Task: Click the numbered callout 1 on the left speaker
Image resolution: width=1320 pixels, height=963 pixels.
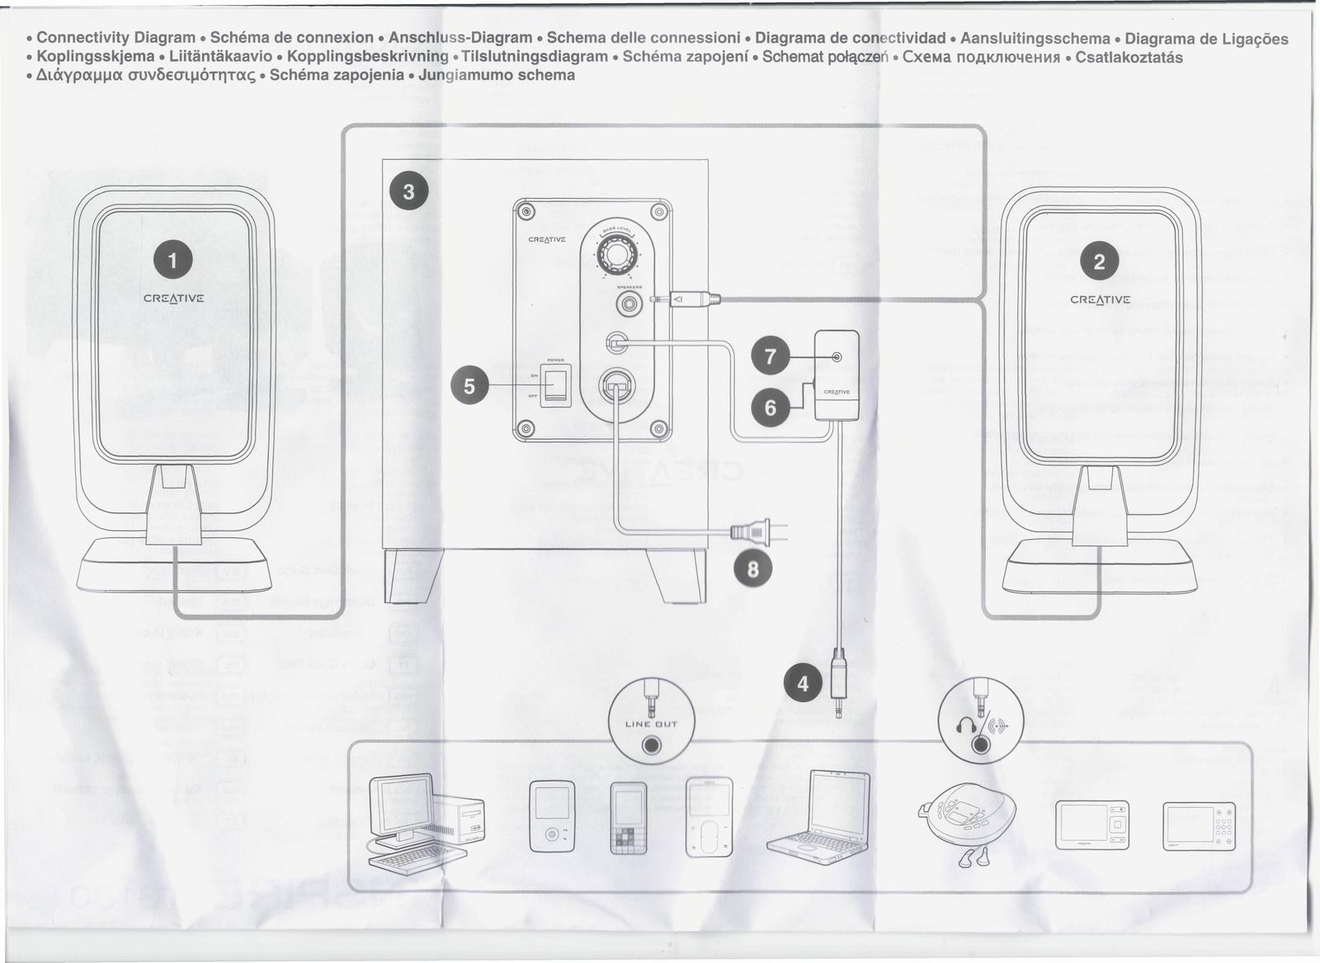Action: [x=172, y=262]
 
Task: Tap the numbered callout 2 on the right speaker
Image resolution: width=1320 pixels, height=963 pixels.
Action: [x=1099, y=262]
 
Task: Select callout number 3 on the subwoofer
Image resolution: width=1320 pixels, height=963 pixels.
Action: [x=408, y=192]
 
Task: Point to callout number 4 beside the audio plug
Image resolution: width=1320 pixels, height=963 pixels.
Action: [x=803, y=683]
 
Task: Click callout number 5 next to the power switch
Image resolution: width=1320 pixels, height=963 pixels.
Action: [x=469, y=386]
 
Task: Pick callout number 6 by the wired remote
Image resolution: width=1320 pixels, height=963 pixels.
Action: [x=771, y=408]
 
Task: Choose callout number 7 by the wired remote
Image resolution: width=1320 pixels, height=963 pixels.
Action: [x=771, y=356]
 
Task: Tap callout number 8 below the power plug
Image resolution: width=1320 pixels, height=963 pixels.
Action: [x=753, y=568]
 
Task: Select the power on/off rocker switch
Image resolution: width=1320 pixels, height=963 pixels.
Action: [x=556, y=385]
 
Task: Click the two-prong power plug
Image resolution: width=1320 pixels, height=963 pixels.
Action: [x=755, y=532]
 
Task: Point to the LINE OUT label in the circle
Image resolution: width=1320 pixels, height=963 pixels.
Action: [x=651, y=725]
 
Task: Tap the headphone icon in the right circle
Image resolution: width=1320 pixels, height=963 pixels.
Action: [x=965, y=726]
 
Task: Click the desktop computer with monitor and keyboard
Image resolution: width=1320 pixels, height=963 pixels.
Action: [x=425, y=822]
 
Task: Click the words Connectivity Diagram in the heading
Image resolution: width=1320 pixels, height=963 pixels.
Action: [x=115, y=38]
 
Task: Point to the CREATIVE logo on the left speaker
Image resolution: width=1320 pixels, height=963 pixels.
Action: [x=173, y=299]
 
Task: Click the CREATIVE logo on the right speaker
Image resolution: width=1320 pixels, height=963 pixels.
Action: [x=1100, y=300]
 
